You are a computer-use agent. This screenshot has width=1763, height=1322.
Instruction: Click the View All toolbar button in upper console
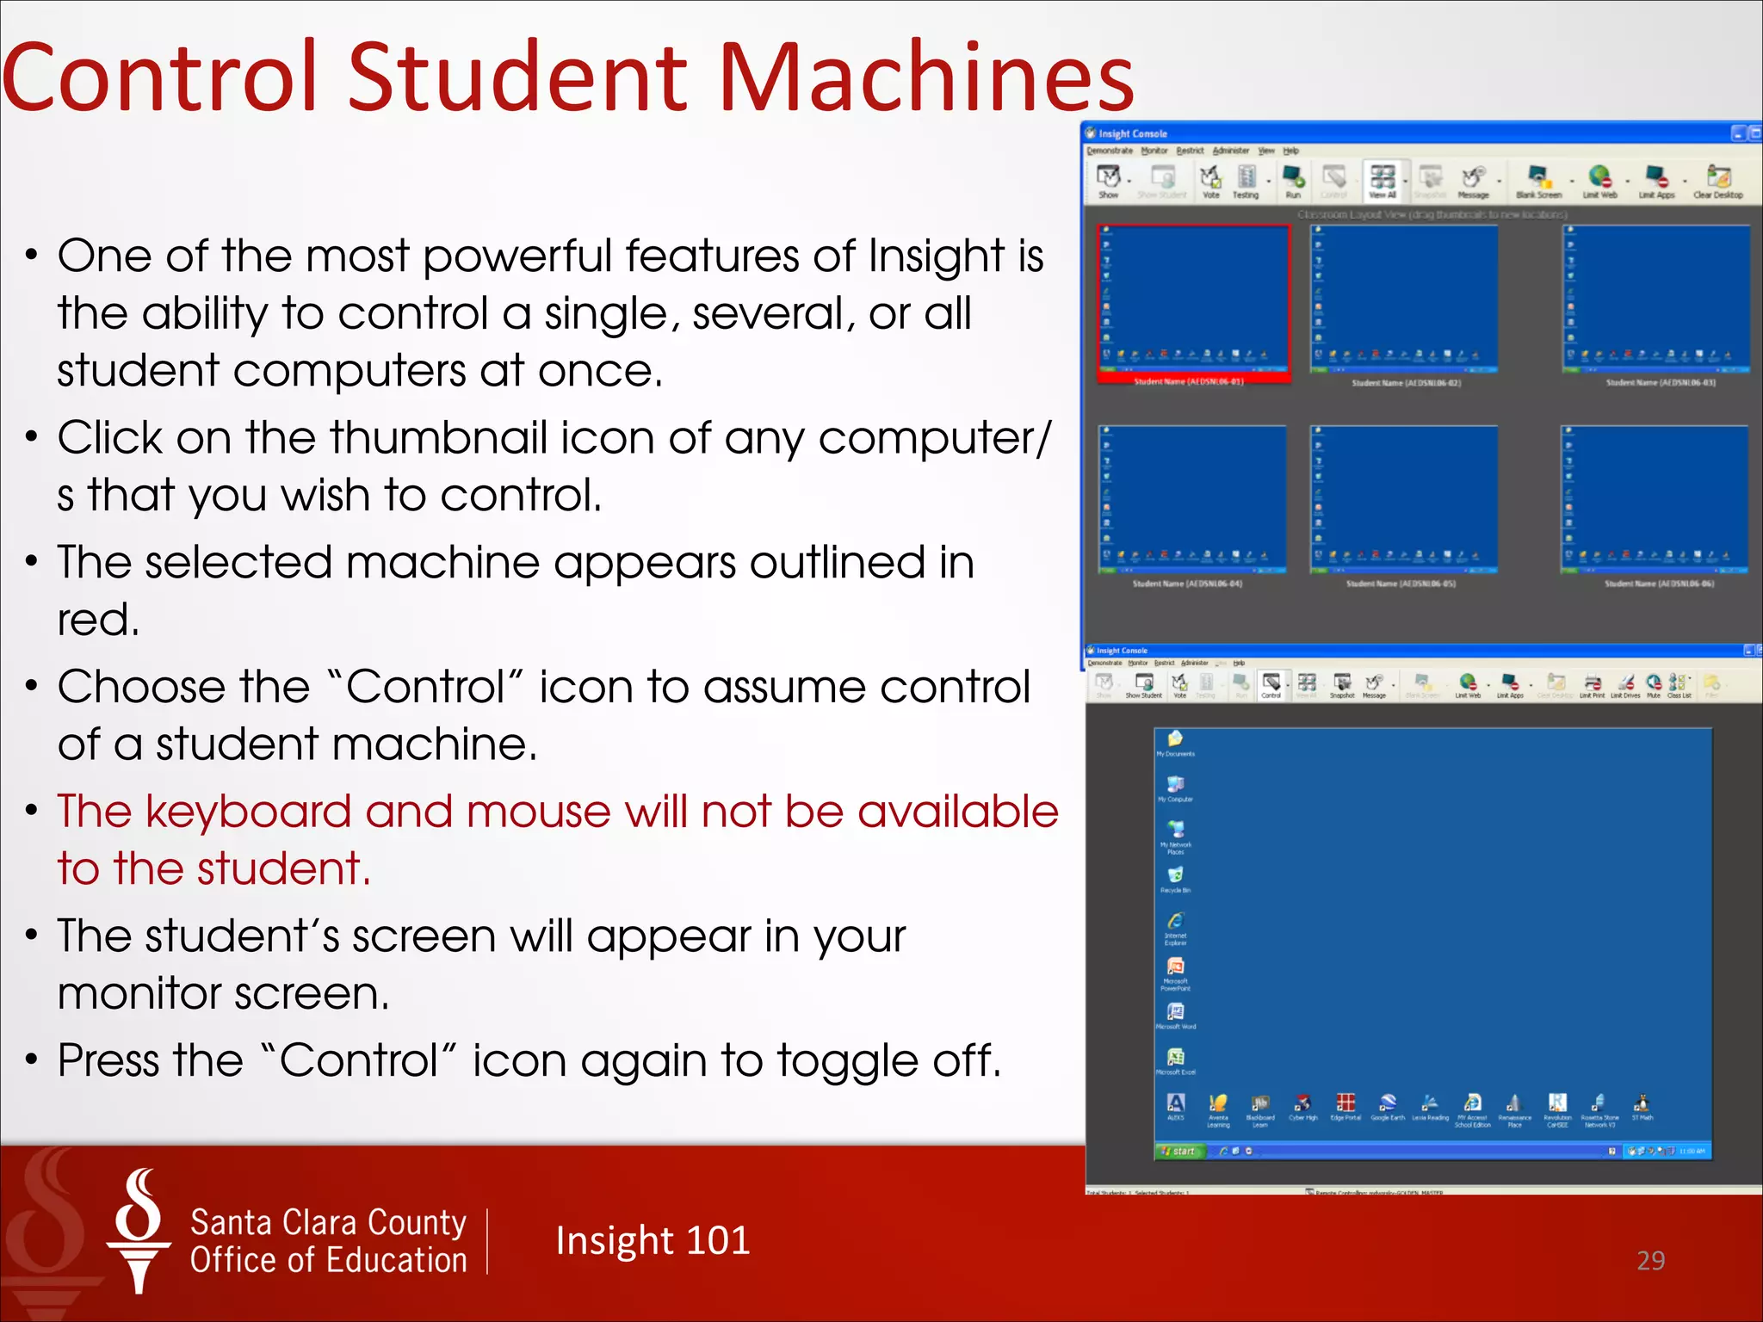pyautogui.click(x=1383, y=182)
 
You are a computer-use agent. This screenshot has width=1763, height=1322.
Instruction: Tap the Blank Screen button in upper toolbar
pyautogui.click(x=1538, y=182)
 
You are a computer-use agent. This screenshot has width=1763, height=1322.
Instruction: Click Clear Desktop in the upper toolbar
pyautogui.click(x=1717, y=182)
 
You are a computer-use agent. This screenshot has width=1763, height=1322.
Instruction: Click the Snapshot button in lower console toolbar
pyautogui.click(x=1342, y=685)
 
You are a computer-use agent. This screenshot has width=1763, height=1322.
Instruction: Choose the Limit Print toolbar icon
pyautogui.click(x=1592, y=685)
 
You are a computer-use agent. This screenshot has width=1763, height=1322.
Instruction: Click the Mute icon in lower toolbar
pyautogui.click(x=1654, y=685)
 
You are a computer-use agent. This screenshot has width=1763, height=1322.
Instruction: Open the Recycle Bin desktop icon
pyautogui.click(x=1175, y=878)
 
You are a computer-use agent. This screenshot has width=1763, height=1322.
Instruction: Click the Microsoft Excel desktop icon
pyautogui.click(x=1175, y=1060)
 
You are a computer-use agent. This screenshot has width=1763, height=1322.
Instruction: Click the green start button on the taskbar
pyautogui.click(x=1178, y=1151)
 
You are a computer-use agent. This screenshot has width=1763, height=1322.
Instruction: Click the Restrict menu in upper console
pyautogui.click(x=1190, y=151)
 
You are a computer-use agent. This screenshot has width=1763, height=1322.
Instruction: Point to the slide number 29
pyautogui.click(x=1650, y=1261)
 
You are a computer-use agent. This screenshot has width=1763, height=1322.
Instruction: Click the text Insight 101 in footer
pyautogui.click(x=653, y=1241)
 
